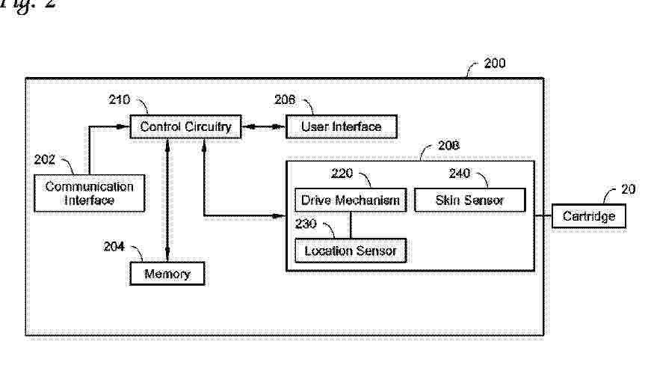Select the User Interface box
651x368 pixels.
point(341,127)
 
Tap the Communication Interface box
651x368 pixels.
point(90,193)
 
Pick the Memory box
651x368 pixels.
point(167,274)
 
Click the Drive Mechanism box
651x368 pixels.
point(351,200)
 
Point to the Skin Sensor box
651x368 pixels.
point(469,200)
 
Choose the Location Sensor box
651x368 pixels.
point(351,251)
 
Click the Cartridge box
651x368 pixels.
point(588,216)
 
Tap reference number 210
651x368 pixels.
point(120,99)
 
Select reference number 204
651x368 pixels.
point(114,246)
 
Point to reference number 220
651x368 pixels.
point(342,174)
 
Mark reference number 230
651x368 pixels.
point(306,223)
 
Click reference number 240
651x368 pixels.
point(460,174)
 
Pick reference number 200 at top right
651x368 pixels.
point(494,64)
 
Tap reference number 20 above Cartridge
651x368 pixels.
point(628,189)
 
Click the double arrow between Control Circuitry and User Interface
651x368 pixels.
point(264,127)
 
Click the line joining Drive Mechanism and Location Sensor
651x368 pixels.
point(351,224)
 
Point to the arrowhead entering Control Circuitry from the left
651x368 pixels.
point(126,127)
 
